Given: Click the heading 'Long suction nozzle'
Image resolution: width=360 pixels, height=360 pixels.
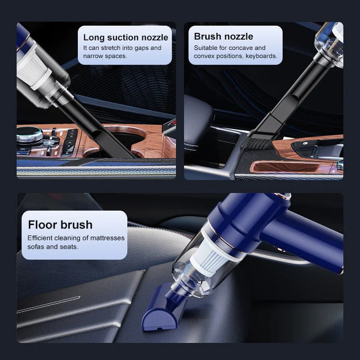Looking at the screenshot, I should click(126, 37).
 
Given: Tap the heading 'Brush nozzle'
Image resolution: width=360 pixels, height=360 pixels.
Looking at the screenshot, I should click(224, 36).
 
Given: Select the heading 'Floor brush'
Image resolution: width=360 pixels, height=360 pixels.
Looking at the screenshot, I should click(60, 225).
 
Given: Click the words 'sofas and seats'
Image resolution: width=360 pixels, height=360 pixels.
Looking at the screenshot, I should click(53, 247).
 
